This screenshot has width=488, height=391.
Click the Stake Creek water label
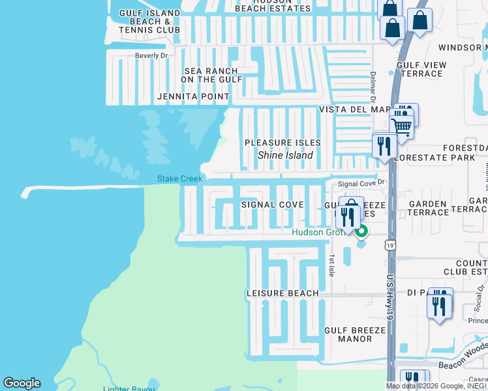pos(180,179)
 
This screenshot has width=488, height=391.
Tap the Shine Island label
pos(285,155)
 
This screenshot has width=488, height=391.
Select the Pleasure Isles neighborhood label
pos(282,143)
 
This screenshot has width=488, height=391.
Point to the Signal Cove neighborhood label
pos(272,205)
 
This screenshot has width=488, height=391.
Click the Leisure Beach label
pos(282,293)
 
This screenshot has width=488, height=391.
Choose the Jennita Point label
pos(194,96)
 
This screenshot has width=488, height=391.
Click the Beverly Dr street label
pos(151,56)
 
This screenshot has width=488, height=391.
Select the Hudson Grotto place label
pos(316,232)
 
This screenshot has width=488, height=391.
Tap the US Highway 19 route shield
pos(390,244)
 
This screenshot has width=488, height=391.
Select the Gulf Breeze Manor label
pos(355,335)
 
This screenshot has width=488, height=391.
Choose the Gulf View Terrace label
pos(421,69)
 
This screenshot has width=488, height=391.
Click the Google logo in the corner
pos(22,383)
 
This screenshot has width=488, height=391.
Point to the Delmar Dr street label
pos(373,87)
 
